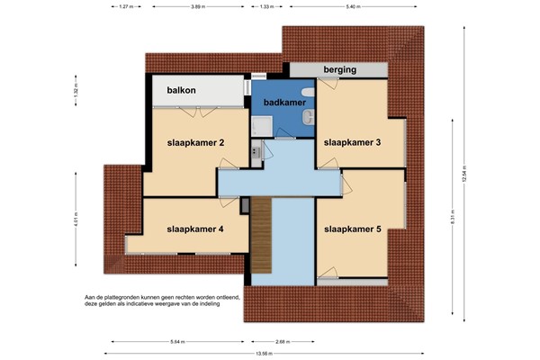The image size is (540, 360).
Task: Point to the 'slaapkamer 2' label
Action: coord(194,142)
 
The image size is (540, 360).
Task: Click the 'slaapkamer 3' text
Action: coord(353,142)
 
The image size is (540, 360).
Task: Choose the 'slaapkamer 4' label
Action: coord(194,229)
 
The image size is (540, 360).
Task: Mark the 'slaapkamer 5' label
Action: coord(353,229)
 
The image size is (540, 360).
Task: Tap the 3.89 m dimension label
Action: coord(197,6)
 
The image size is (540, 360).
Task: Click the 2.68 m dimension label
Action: coord(283,342)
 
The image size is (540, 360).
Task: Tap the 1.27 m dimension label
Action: coord(127,6)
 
